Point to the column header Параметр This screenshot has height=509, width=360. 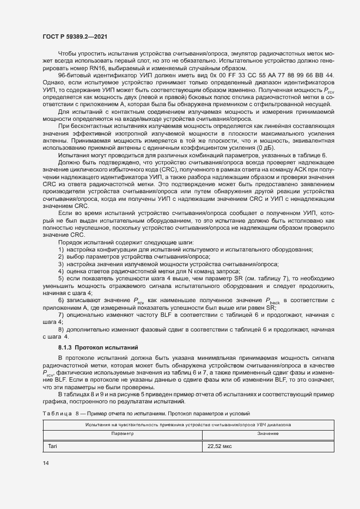point(122,433)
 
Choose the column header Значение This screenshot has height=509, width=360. point(268,433)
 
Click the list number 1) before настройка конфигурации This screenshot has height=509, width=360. point(60,249)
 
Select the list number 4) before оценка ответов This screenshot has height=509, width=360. point(60,271)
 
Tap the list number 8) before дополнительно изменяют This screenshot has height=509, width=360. point(60,329)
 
